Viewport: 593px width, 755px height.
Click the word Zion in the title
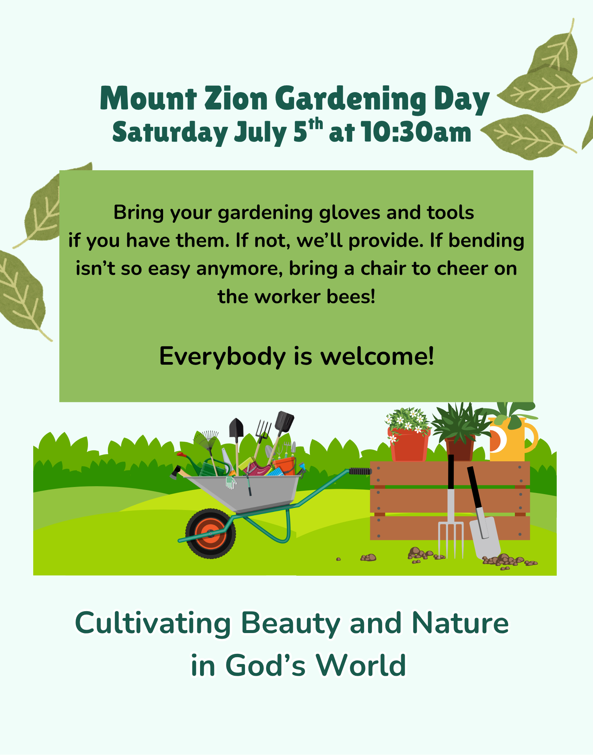click(236, 99)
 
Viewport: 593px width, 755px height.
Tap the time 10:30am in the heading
click(416, 133)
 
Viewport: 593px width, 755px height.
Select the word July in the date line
click(260, 133)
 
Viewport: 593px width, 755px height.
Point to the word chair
click(383, 268)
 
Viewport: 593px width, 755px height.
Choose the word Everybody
click(222, 356)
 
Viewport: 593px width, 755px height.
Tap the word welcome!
click(377, 356)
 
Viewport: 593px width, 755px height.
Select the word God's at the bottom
click(265, 666)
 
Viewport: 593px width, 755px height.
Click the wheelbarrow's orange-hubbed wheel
click(211, 533)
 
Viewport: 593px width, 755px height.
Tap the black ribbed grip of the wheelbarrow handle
click(360, 471)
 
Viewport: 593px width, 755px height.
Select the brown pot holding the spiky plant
click(459, 449)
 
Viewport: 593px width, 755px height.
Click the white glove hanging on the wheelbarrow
click(230, 482)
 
